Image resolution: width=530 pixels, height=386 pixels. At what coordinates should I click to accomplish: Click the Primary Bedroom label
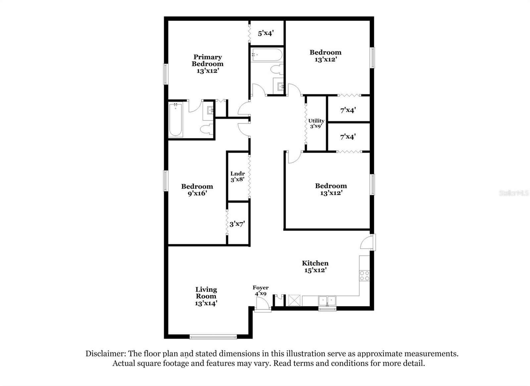(207, 64)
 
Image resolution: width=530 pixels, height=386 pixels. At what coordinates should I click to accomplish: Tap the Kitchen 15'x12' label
(315, 267)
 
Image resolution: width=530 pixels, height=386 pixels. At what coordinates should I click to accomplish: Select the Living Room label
(206, 296)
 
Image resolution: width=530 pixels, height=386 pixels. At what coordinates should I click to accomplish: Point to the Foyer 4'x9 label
(260, 290)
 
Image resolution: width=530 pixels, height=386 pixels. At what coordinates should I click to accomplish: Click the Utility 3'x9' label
(316, 123)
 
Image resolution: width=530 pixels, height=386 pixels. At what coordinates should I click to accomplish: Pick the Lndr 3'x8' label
(238, 176)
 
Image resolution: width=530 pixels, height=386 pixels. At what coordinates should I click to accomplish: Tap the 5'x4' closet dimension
(266, 33)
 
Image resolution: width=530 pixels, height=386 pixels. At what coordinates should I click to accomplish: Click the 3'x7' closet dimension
(237, 224)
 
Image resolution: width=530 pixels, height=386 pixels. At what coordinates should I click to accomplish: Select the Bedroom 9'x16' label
(197, 190)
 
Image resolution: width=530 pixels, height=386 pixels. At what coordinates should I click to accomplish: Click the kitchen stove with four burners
(364, 276)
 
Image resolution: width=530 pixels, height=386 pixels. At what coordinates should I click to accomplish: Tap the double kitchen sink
(327, 301)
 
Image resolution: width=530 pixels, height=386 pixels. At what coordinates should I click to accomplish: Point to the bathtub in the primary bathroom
(175, 120)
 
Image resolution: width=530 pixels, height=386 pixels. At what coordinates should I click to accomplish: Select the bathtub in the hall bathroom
(267, 55)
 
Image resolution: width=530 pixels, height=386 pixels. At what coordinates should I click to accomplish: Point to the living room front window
(213, 337)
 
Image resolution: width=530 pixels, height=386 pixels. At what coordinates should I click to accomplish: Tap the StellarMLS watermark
(513, 193)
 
